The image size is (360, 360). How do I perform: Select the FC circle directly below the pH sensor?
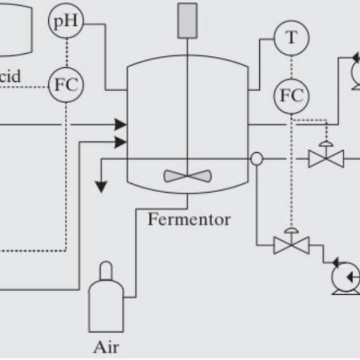(66, 84)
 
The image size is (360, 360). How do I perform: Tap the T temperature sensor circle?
(291, 38)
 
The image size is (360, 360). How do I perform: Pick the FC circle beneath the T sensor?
(291, 97)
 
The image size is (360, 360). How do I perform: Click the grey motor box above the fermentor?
(188, 19)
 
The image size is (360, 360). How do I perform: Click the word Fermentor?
(189, 220)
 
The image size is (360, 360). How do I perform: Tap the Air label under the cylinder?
(106, 347)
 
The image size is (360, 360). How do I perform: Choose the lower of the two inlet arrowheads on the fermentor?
(120, 143)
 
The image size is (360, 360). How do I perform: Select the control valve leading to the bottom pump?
(292, 243)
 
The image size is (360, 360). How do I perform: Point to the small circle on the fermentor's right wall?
(257, 158)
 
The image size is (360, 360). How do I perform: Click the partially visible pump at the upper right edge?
(351, 70)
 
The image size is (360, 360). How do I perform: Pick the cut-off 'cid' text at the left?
(10, 77)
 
